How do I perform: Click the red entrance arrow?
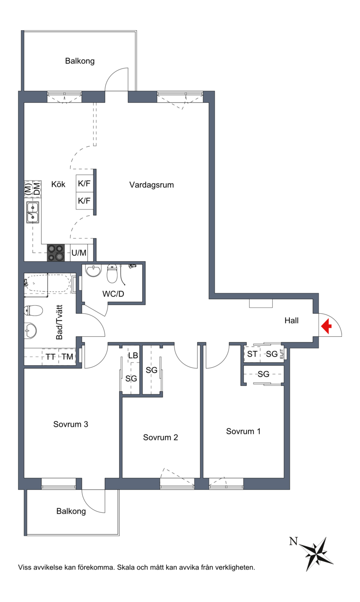point(326,326)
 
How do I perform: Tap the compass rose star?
point(316,554)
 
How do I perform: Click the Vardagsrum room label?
point(152,185)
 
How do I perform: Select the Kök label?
point(58,184)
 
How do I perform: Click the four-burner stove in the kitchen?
point(56,253)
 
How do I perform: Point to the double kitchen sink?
point(33,213)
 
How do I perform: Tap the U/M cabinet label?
point(79,253)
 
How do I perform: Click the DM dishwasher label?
point(37,188)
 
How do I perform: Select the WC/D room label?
point(113,294)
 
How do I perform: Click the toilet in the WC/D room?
point(112,273)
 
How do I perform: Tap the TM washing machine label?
point(67,357)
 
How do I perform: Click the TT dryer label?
point(50,357)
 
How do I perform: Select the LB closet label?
point(133,356)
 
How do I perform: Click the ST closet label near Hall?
point(252,354)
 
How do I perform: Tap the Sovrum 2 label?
point(160,438)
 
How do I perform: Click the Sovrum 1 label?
point(243,431)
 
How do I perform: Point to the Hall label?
point(292,321)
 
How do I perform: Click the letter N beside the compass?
point(293,541)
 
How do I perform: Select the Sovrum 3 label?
point(71,424)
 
